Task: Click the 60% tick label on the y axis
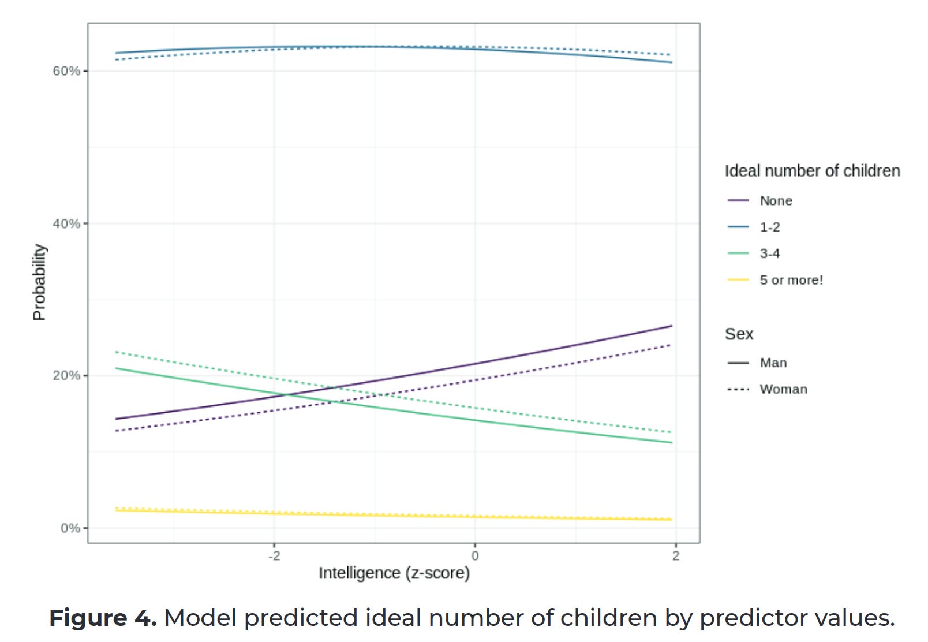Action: pos(66,71)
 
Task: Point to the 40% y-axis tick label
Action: pos(66,223)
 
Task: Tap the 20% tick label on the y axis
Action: pos(66,375)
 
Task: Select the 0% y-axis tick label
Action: pos(70,528)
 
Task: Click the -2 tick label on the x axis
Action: pos(274,556)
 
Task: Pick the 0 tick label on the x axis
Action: pos(475,556)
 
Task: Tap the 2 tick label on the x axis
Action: pos(676,556)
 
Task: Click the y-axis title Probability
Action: pos(39,282)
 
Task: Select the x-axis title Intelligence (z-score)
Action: pos(394,573)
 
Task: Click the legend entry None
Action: pos(776,201)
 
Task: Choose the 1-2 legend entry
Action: pos(769,227)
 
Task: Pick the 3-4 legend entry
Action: pos(769,254)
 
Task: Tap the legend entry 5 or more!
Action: pos(791,281)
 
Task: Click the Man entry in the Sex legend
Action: pos(773,363)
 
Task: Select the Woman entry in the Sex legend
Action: pos(783,390)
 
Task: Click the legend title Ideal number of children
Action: pos(812,171)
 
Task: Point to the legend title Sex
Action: pos(739,334)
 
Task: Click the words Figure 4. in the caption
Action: pos(103,618)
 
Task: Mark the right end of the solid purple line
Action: pos(672,326)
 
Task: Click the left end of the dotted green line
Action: pos(117,352)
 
